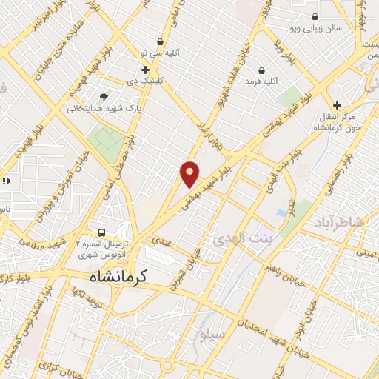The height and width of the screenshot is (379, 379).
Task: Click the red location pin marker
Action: coord(190,173)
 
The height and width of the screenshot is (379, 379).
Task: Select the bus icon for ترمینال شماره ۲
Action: coord(101,230)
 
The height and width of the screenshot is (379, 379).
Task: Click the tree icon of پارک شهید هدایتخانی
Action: coord(104,96)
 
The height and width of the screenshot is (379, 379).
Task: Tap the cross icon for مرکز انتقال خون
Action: coord(338,105)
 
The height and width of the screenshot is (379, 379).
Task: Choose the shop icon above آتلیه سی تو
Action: coord(160,41)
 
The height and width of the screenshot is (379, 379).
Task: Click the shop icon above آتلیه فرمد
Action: coord(261,70)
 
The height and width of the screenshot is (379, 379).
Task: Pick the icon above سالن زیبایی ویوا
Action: coord(315,16)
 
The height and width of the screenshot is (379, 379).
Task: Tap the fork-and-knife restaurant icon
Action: coord(7,180)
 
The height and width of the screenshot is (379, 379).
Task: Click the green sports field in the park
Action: coord(108,139)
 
